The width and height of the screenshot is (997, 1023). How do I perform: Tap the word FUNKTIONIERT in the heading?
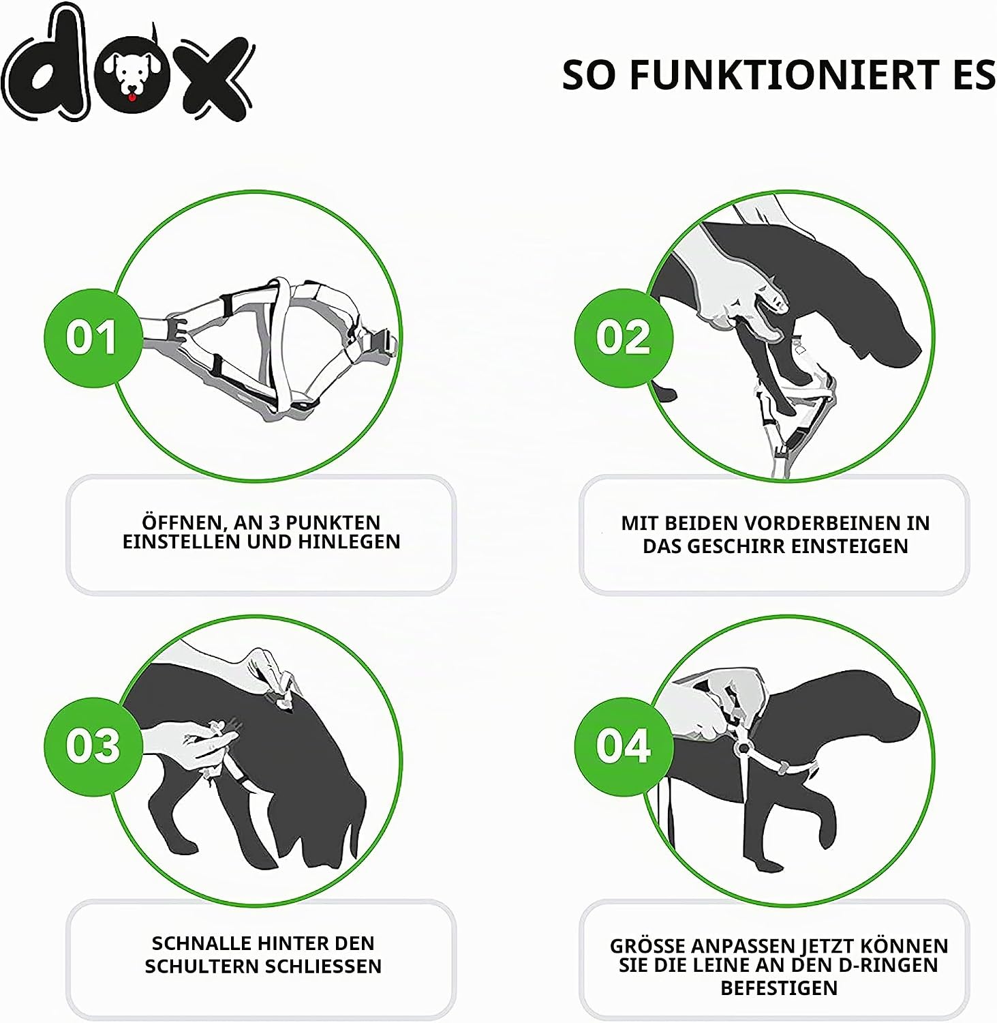(x=784, y=75)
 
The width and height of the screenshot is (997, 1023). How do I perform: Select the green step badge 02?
(x=624, y=338)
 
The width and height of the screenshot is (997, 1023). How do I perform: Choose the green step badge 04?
(x=624, y=746)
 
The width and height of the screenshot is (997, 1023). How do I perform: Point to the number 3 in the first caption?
(x=275, y=523)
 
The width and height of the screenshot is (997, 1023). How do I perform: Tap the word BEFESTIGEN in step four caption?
(x=779, y=988)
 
